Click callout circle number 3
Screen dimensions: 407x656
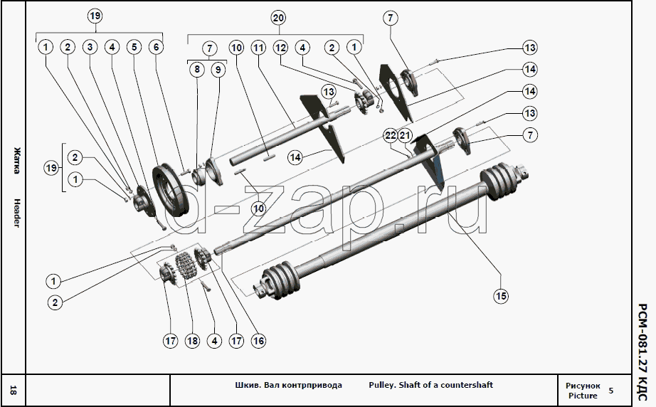[x=89, y=48]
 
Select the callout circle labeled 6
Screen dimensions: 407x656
[x=155, y=48]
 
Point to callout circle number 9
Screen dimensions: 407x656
[x=218, y=70]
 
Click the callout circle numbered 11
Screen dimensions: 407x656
[x=258, y=48]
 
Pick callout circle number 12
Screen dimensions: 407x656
[x=280, y=48]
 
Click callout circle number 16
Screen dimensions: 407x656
[x=258, y=341]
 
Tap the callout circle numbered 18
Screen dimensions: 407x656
[x=192, y=341]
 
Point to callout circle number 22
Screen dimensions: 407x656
[x=390, y=135]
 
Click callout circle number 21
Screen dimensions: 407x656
[x=406, y=135]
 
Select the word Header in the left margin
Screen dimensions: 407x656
[x=15, y=211]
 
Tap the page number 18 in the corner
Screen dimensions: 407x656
[x=14, y=390]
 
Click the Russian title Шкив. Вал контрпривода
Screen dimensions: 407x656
[x=288, y=385]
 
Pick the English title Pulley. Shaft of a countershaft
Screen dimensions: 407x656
[x=430, y=385]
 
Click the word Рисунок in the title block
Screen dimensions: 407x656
[x=583, y=385]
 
